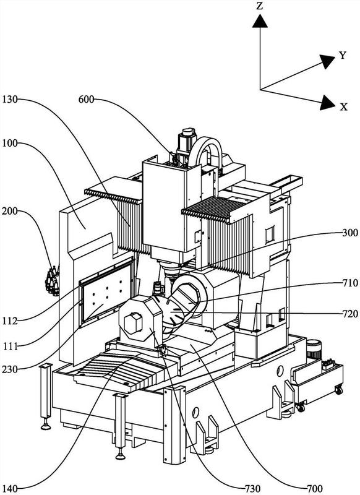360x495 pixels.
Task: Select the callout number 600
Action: (86, 100)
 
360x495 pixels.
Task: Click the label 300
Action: (350, 233)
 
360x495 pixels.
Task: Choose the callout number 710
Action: (350, 283)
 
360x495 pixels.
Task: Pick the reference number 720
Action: (350, 314)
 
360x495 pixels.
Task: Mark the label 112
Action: (9, 321)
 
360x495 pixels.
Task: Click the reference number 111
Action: (11, 346)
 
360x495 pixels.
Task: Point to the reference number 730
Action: (252, 489)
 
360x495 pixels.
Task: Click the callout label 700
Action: (314, 489)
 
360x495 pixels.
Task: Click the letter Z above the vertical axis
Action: (259, 6)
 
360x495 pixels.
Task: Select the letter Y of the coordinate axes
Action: (343, 56)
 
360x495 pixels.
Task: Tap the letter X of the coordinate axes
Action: (343, 106)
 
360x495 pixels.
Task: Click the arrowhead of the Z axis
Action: (260, 22)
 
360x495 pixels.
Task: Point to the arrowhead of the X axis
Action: (327, 103)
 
